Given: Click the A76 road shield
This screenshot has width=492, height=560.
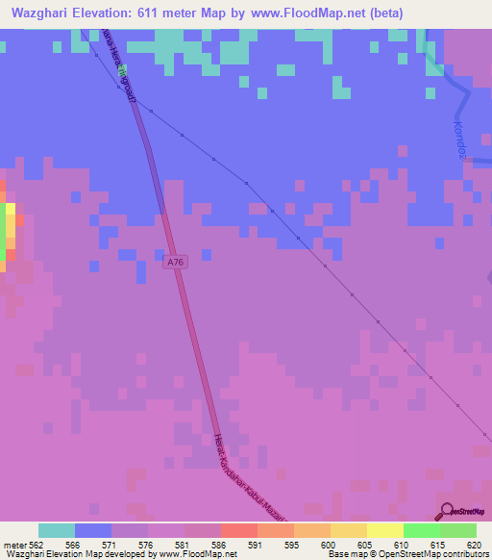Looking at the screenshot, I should pos(174,262).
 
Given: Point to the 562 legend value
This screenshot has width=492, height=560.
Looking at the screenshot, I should pos(37,544).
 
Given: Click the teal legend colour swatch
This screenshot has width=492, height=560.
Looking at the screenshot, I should pos(57,530).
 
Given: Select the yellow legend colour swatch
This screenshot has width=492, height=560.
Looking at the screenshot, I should pos(384,530).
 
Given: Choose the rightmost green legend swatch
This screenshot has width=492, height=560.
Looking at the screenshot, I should pos(458,530).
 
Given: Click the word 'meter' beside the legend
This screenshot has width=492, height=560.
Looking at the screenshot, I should pos(13,544).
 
